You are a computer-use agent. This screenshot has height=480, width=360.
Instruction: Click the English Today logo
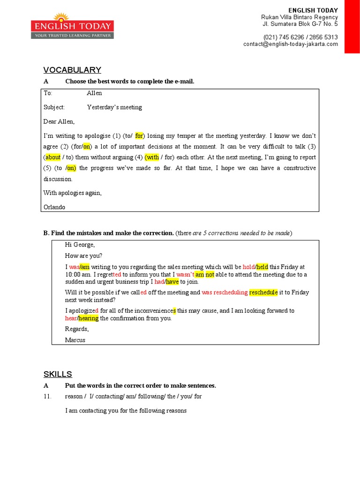[x=72, y=26]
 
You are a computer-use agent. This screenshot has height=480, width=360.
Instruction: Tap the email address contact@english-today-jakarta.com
[x=290, y=44]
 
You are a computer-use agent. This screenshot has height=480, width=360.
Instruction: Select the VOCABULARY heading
[x=72, y=70]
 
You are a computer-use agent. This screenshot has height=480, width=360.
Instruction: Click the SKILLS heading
[x=58, y=374]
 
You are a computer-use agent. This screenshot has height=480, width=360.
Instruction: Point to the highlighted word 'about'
[x=53, y=157]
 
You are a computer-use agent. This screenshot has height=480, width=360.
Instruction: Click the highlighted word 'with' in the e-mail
[x=152, y=157]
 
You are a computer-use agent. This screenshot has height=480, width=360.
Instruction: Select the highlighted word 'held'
[x=262, y=267]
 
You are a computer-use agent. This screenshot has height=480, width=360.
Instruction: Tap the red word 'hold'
[x=248, y=267]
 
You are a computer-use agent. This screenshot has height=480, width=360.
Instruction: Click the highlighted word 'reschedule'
[x=263, y=292]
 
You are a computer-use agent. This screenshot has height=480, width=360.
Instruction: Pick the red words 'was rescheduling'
[x=225, y=292]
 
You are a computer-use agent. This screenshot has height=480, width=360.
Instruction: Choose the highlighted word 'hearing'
[x=89, y=318]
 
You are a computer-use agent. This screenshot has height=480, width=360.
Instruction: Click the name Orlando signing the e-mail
[x=54, y=207]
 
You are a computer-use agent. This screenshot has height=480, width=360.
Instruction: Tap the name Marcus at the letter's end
[x=75, y=340]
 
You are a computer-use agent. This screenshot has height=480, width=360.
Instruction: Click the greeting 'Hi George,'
[x=80, y=245]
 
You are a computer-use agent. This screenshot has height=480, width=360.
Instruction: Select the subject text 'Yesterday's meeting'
[x=114, y=107]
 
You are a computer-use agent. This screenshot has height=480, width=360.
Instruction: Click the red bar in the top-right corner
[x=352, y=26]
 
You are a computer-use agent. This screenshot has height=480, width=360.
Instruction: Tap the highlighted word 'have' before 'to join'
[x=172, y=282]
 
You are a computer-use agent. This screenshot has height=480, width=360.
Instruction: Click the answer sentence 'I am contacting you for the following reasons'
[x=126, y=411]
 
